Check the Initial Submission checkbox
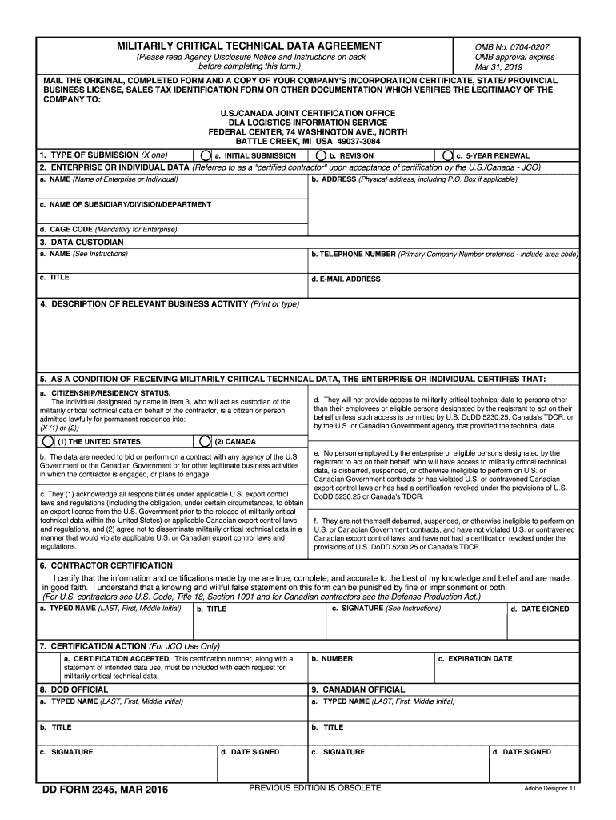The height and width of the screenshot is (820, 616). [x=206, y=155]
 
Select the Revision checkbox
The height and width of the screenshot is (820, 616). [x=321, y=155]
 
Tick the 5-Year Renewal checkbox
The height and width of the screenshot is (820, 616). [x=448, y=155]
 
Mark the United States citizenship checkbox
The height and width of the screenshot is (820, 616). [x=49, y=441]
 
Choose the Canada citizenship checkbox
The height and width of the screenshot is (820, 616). [x=206, y=441]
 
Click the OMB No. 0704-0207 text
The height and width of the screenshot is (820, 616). [x=512, y=47]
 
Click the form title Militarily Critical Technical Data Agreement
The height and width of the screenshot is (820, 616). [x=250, y=46]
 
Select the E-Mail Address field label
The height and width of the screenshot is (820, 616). [x=346, y=279]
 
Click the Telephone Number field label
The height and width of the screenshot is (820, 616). [x=353, y=254]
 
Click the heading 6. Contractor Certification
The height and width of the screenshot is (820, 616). [x=106, y=565]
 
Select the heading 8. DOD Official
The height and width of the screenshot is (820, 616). [x=74, y=689]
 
